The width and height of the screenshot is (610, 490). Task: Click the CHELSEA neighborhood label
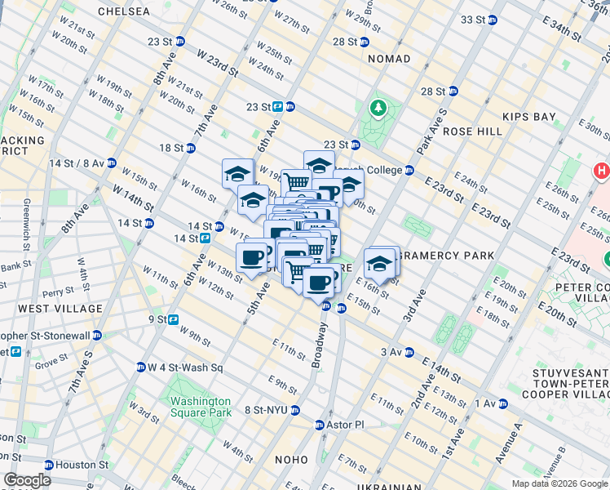click(123, 11)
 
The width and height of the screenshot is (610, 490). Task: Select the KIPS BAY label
click(529, 117)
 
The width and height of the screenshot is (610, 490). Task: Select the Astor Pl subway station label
click(341, 425)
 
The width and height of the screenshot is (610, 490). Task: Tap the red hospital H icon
click(602, 171)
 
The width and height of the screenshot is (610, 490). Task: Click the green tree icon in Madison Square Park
click(378, 108)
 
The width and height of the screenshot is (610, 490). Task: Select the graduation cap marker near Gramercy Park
click(379, 265)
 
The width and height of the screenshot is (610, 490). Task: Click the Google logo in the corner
click(27, 480)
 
